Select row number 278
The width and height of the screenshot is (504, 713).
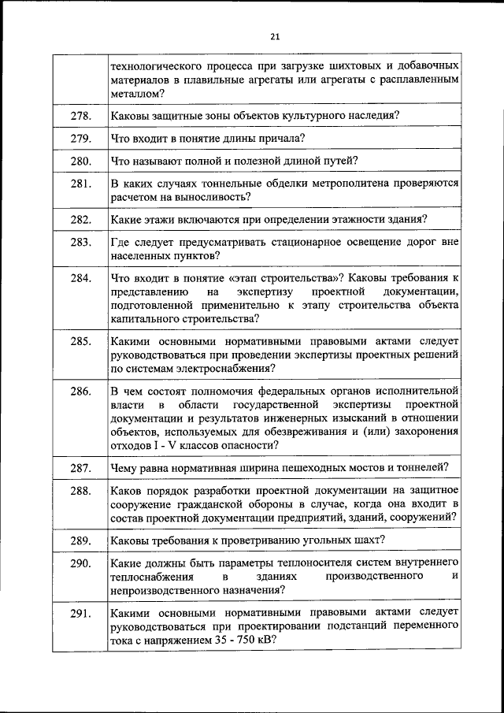[x=80, y=116]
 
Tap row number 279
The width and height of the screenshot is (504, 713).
[x=80, y=139]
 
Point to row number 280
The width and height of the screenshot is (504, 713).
[x=80, y=162]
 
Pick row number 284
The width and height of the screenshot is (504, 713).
[x=80, y=278]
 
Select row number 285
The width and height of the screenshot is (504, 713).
[x=80, y=341]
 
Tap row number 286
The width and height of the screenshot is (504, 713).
[x=80, y=391]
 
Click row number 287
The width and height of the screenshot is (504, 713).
[x=80, y=468]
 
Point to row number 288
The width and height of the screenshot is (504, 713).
[x=80, y=490]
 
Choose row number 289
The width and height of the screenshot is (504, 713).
[x=80, y=540]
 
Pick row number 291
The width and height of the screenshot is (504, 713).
[x=80, y=614]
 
